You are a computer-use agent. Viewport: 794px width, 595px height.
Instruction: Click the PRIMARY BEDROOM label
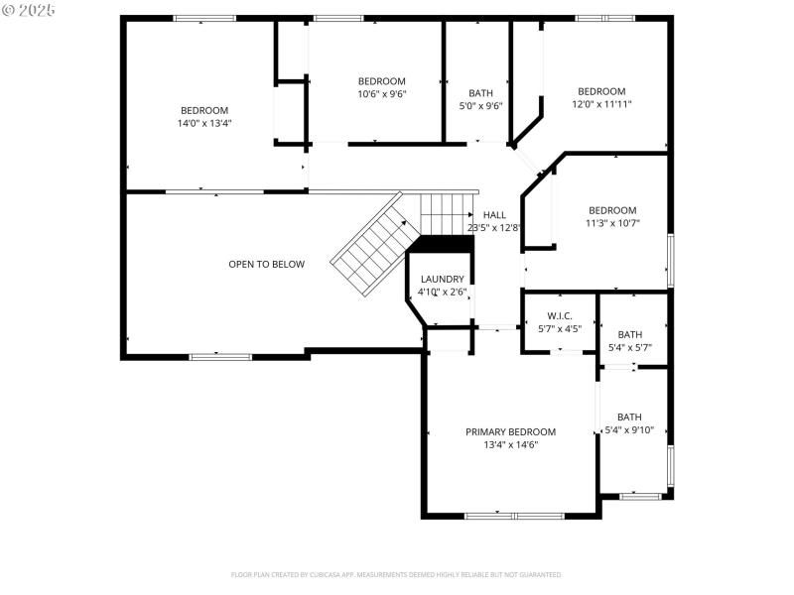510,431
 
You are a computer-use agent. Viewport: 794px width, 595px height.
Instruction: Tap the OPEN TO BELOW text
266,264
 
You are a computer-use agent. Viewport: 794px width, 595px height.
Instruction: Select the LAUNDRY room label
442,280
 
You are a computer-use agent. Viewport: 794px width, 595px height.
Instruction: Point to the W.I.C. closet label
560,315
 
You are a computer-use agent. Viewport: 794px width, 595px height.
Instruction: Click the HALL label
494,214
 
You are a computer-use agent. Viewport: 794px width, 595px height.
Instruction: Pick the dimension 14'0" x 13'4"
203,123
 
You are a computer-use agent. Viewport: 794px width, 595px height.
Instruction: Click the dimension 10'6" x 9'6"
381,93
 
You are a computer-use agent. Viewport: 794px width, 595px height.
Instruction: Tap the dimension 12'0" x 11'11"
601,103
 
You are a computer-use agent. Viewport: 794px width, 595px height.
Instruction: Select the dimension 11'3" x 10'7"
612,223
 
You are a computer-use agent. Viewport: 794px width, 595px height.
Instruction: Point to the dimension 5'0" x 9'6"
480,105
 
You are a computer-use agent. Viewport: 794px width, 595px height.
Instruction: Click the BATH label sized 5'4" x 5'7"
629,334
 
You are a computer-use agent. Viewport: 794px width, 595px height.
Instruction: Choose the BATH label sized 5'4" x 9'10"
629,416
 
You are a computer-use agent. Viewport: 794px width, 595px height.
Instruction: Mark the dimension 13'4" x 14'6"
510,445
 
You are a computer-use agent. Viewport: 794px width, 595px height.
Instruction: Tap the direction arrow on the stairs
470,213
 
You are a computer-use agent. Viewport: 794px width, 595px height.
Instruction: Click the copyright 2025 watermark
29,9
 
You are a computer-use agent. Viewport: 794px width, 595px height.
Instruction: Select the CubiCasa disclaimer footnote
396,574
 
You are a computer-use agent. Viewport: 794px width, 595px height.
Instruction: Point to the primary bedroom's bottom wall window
514,516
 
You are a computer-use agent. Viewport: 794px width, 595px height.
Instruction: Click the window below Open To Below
220,356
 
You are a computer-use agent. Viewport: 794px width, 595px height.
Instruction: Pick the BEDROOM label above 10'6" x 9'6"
381,81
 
